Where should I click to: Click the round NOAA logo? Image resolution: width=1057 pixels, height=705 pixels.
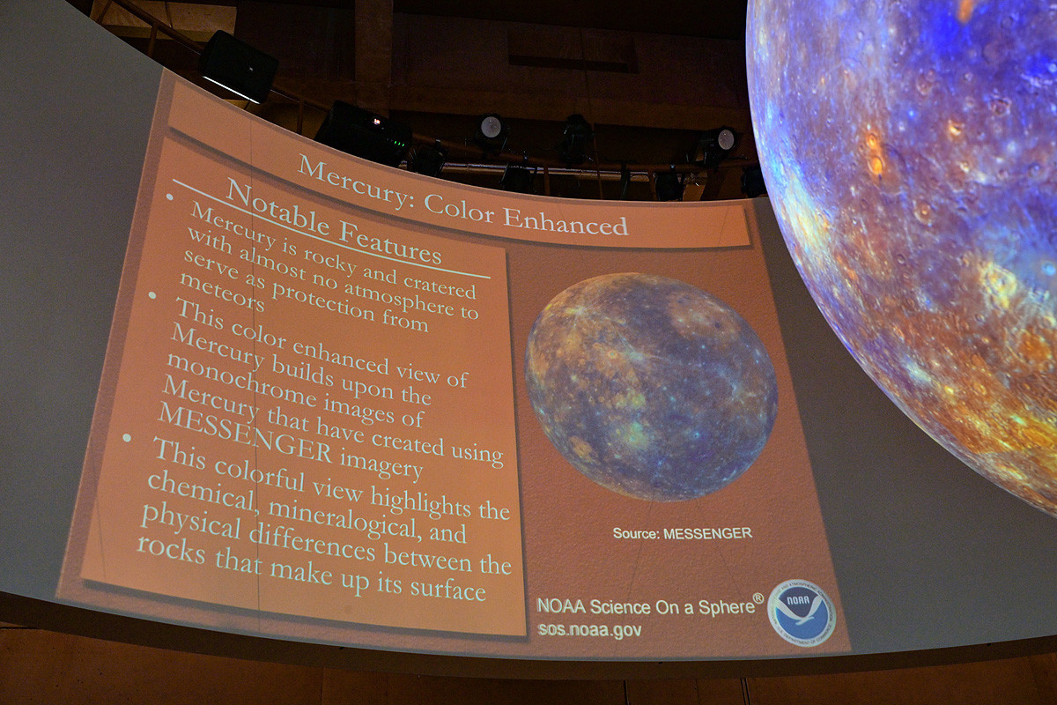point(802,612)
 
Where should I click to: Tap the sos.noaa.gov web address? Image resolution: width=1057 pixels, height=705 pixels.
point(590,630)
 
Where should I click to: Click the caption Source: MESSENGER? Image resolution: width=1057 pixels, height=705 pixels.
point(682,533)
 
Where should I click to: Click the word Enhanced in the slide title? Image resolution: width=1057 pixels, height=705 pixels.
point(565,220)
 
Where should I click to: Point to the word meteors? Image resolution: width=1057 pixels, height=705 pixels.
point(222,293)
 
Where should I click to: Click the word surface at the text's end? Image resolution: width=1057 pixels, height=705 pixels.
point(447,588)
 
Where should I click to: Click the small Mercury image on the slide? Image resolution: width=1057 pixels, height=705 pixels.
point(651,386)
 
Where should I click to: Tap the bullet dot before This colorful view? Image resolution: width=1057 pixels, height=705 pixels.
point(127,438)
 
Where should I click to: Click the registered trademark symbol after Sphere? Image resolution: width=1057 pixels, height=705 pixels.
point(758,598)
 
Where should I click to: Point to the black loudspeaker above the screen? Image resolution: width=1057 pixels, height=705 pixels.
point(239,66)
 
